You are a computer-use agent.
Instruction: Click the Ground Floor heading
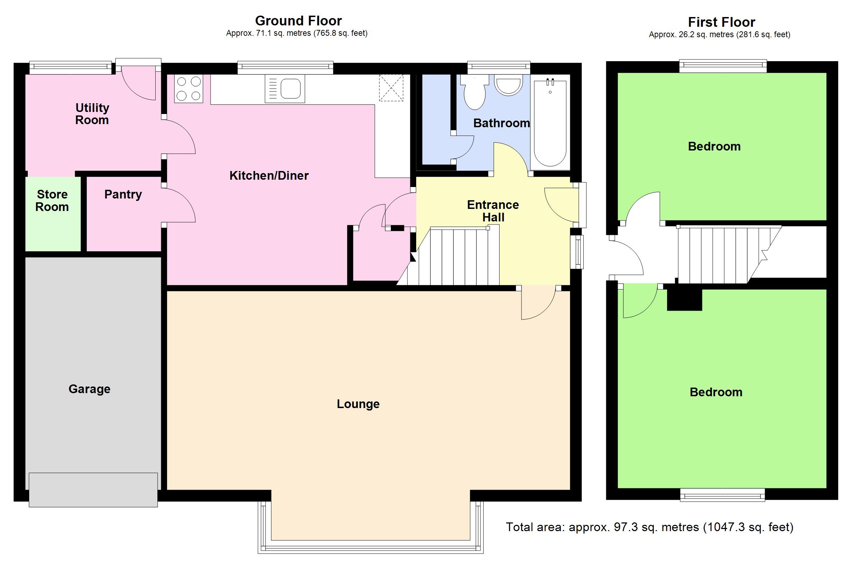298,21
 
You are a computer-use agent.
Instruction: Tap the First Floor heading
721,23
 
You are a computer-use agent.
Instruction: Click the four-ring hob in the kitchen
188,89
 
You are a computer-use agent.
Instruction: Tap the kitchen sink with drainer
285,89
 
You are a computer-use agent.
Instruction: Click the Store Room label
52,201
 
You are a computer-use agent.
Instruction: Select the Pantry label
123,195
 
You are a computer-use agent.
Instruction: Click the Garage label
89,389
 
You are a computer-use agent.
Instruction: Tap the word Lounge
358,404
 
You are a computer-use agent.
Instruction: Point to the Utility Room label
92,114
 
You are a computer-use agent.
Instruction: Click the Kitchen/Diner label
269,176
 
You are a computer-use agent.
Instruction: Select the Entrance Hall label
493,211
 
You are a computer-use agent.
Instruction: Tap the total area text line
649,527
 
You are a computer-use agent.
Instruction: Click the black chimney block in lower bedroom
684,300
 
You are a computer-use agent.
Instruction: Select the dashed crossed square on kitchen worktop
391,88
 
